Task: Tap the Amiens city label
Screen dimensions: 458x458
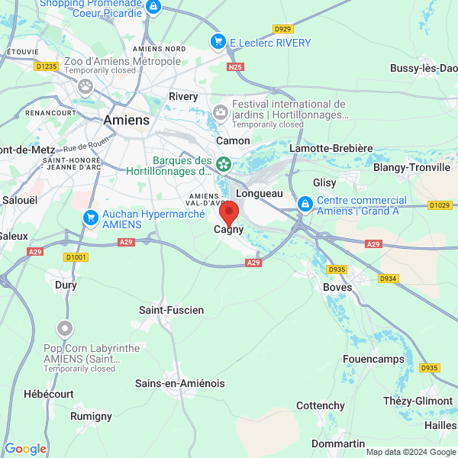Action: tap(126, 121)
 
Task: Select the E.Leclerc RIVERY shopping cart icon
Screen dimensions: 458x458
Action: tap(218, 43)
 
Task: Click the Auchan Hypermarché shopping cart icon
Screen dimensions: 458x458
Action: tap(90, 218)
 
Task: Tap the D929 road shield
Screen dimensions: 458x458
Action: tap(282, 29)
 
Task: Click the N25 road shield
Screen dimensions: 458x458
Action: tap(235, 67)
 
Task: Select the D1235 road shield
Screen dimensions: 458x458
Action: tap(47, 66)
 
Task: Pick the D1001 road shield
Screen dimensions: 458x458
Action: tap(76, 257)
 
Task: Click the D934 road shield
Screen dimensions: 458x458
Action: tap(389, 279)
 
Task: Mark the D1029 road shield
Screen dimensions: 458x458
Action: tap(440, 205)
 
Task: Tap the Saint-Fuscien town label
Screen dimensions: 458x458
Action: tap(171, 310)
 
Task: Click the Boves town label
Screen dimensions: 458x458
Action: tap(337, 287)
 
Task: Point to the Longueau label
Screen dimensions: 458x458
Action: tap(260, 193)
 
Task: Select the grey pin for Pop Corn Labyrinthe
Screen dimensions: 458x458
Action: tap(65, 330)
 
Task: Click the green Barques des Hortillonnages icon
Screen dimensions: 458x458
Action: tap(224, 163)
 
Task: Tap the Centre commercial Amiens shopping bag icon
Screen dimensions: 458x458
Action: tap(305, 204)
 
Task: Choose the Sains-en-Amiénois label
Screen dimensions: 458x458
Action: tap(179, 383)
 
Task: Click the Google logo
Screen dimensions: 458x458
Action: tap(25, 449)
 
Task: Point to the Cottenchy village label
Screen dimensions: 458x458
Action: tap(321, 405)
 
